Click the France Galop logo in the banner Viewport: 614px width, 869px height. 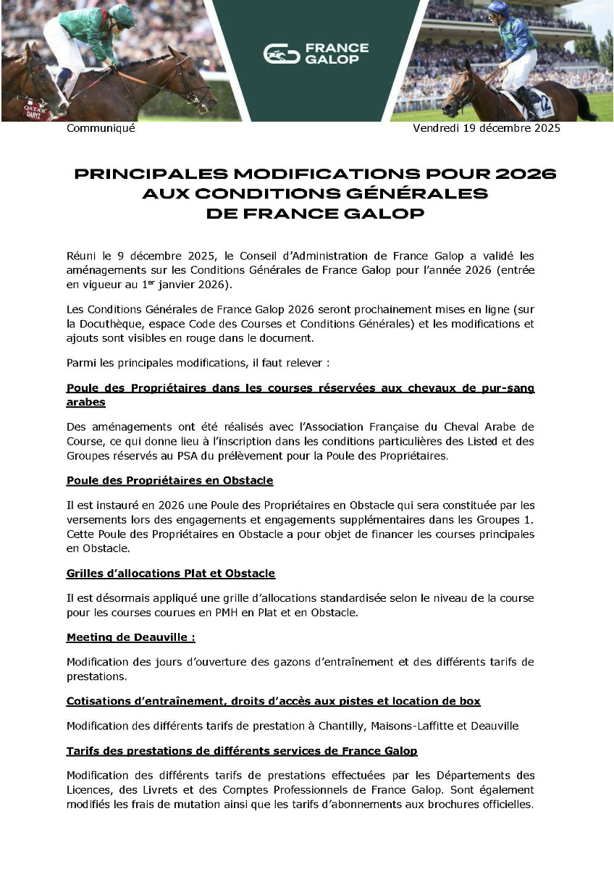pyautogui.click(x=316, y=53)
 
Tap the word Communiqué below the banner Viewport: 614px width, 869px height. pyautogui.click(x=101, y=128)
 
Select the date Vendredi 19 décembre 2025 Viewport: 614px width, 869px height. pyautogui.click(x=486, y=128)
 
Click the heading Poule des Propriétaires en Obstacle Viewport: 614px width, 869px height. pyautogui.click(x=169, y=480)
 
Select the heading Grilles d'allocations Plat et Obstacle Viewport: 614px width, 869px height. pyautogui.click(x=170, y=573)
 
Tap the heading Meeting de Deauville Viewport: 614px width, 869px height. pyautogui.click(x=130, y=637)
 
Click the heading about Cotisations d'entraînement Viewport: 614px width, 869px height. pyautogui.click(x=273, y=701)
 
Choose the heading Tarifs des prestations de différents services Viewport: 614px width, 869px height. pyautogui.click(x=241, y=751)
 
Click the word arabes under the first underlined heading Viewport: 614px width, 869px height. pyautogui.click(x=85, y=402)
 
